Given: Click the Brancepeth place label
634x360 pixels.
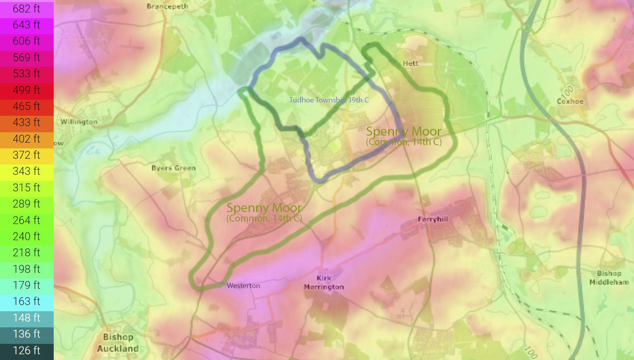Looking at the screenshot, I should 167,6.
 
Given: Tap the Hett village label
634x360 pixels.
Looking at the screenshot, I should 410,63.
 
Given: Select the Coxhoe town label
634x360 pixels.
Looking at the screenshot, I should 570,101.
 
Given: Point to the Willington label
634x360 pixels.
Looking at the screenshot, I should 79,122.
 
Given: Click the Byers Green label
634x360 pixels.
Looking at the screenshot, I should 173,168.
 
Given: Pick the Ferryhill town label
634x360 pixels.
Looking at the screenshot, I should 433,219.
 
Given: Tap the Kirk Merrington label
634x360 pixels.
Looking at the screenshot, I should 324,282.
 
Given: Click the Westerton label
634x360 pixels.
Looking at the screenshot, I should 243,286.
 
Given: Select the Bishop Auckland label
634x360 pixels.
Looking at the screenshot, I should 118,343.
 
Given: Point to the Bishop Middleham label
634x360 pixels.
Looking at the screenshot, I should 609,278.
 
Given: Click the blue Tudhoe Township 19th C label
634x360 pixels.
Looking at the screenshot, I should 329,100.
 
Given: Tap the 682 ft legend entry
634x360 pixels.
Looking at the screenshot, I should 26,9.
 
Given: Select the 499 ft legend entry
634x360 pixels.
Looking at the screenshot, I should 26,90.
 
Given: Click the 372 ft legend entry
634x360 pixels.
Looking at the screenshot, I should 26,155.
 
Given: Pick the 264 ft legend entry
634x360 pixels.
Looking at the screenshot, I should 26,220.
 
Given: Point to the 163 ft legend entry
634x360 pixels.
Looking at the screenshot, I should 26,301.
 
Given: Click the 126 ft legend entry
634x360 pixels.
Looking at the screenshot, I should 26,350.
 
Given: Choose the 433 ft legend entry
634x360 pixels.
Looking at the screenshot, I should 26,122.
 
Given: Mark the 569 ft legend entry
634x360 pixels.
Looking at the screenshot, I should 26,57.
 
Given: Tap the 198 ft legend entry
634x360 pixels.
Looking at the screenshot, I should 26,269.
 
